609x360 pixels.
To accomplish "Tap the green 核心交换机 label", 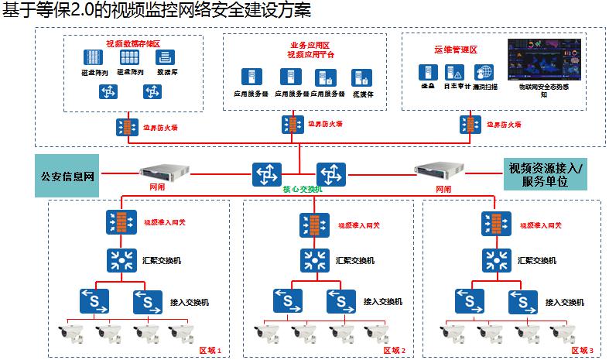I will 298,188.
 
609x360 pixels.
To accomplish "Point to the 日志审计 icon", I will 454,72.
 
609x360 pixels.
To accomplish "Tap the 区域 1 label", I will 210,351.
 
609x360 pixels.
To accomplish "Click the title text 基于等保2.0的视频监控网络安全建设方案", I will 147,11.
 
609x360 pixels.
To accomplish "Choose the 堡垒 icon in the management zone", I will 425,72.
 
